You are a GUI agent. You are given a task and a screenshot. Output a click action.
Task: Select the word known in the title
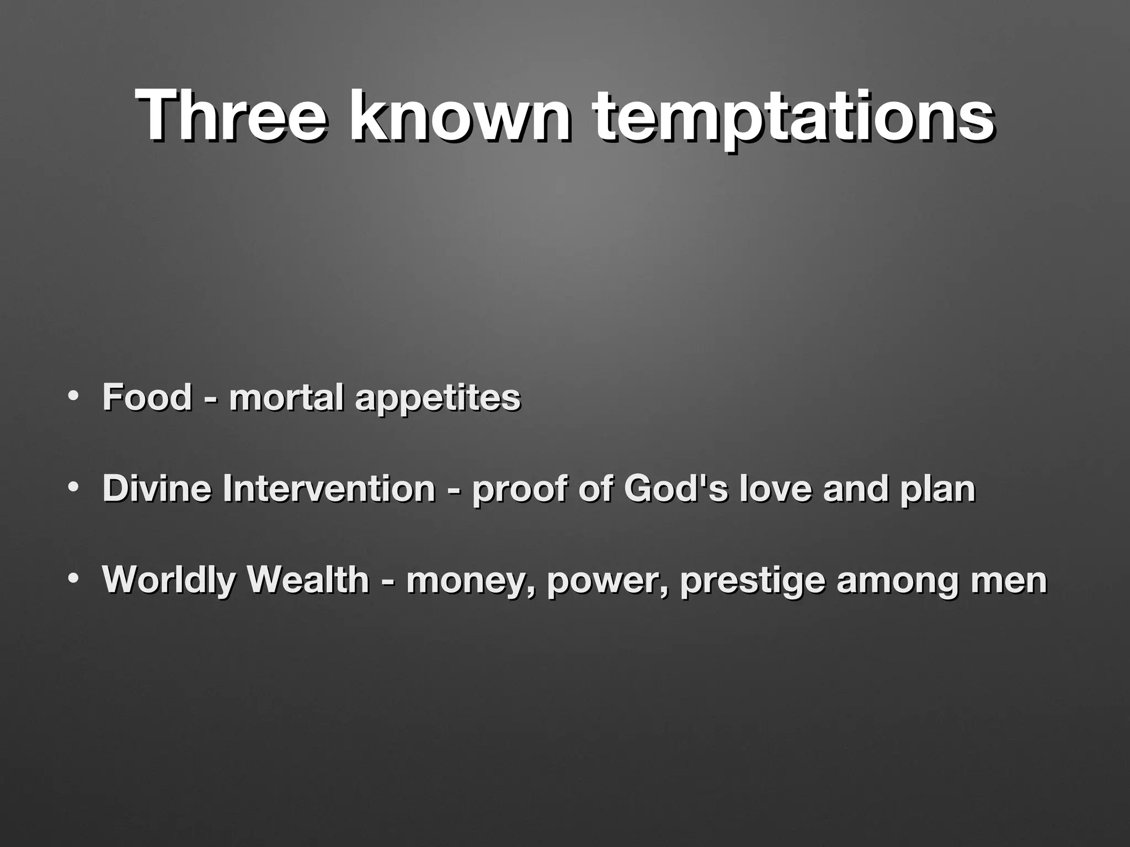[461, 116]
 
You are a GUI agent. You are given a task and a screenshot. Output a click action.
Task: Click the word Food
[147, 397]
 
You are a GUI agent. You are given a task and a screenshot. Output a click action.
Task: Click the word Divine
[157, 489]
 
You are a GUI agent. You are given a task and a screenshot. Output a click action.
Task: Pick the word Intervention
[329, 489]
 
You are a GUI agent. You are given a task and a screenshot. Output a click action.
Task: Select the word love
[775, 489]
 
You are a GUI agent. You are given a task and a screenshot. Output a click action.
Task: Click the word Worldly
[169, 581]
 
